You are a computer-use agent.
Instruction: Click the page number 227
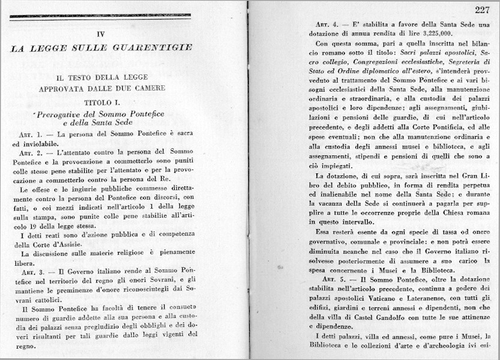coord(481,9)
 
